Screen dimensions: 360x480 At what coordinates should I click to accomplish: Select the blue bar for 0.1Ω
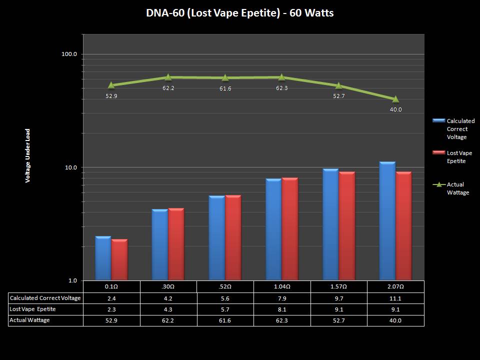[x=103, y=258]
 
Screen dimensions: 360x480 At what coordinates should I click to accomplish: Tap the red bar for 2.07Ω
[x=403, y=226]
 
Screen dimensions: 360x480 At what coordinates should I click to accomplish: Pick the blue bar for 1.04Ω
[x=273, y=229]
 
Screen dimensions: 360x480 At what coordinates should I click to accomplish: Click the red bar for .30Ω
[x=176, y=244]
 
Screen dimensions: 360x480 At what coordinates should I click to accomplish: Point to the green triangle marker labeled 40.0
[x=395, y=99]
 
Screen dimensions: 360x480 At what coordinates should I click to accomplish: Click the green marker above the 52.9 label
[x=111, y=85]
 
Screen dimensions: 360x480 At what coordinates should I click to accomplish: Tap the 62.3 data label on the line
[x=282, y=88]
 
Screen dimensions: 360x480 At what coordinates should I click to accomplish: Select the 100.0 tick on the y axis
[x=68, y=54]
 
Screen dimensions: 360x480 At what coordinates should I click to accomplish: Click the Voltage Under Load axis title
[x=28, y=155]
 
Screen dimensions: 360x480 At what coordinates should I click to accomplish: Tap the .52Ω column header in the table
[x=225, y=287]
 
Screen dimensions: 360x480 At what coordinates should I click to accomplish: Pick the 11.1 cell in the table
[x=395, y=298]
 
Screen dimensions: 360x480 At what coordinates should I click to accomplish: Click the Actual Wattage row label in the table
[x=30, y=320]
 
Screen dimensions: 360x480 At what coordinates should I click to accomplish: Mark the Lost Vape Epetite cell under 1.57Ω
[x=338, y=309]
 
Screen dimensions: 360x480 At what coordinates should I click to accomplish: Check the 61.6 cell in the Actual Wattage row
[x=225, y=320]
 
